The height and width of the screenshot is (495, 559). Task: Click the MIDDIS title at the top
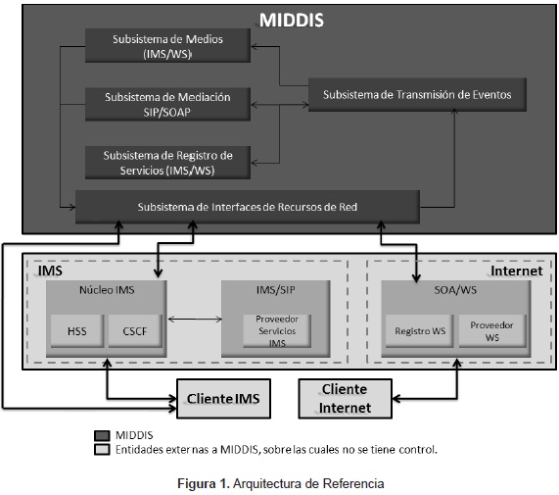click(x=292, y=20)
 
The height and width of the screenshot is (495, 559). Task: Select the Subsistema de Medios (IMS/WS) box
click(x=167, y=46)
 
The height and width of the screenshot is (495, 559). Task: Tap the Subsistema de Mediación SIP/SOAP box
click(x=167, y=104)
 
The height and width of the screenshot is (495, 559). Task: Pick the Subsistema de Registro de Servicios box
click(x=167, y=163)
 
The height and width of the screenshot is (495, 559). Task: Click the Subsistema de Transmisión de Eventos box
click(x=417, y=94)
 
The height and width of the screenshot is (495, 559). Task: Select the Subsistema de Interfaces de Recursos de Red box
click(x=248, y=207)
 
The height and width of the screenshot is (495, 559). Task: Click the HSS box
click(x=77, y=331)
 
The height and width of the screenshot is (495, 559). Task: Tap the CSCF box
click(x=135, y=331)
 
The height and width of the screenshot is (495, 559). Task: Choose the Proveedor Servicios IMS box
click(x=277, y=331)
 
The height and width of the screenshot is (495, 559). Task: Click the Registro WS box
click(x=420, y=331)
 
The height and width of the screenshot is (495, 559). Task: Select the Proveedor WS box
click(x=492, y=331)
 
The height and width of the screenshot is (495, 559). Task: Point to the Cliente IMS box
click(x=223, y=399)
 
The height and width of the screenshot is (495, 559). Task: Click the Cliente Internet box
click(x=346, y=399)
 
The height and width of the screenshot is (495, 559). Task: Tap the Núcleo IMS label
click(x=107, y=290)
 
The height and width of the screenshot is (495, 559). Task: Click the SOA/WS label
click(x=455, y=290)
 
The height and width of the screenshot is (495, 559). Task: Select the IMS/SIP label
click(x=275, y=290)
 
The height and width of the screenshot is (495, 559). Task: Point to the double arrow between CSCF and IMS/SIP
click(x=195, y=320)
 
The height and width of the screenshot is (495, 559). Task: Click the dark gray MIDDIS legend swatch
click(x=102, y=436)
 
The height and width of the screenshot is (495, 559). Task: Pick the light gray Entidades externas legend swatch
click(x=102, y=450)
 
